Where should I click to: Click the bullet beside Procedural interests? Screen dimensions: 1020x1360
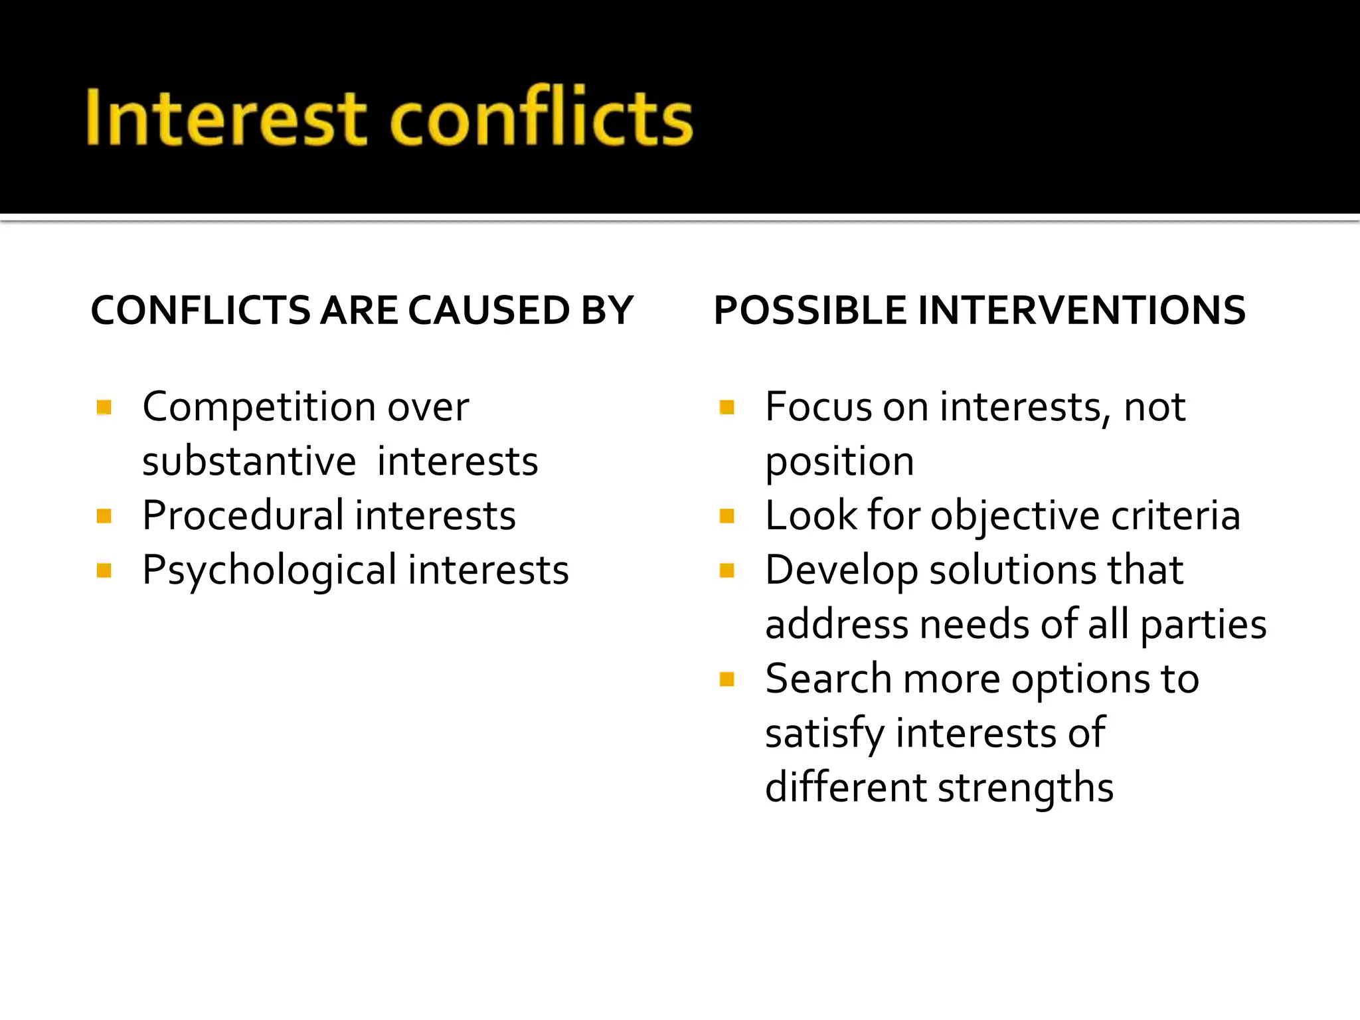(x=104, y=516)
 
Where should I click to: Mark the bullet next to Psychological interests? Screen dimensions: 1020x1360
(x=104, y=570)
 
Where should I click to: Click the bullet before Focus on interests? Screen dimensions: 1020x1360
(x=727, y=407)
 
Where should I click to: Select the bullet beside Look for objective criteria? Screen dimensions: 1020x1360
(x=727, y=516)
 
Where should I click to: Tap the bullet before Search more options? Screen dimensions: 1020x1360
(x=727, y=679)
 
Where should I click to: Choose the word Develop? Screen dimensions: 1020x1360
(x=841, y=571)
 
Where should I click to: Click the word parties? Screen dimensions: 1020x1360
(x=1203, y=626)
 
